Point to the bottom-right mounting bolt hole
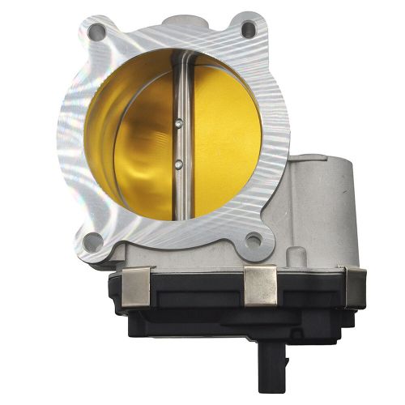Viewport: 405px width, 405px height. coord(254,239)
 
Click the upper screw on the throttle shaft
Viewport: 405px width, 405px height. coord(177,124)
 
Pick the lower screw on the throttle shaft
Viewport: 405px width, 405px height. coord(177,164)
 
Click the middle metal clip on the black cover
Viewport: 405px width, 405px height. coord(260,283)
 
